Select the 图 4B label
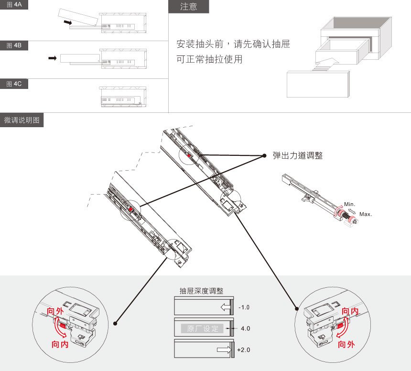(14, 45)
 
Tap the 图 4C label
(14, 84)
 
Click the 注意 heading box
(188, 7)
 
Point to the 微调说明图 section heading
(22, 120)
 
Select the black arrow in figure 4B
(53, 58)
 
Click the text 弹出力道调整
(298, 156)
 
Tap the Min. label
(349, 204)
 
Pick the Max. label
(366, 214)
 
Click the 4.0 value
(245, 328)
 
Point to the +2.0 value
(243, 350)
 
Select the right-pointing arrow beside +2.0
(223, 350)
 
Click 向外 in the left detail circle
(55, 312)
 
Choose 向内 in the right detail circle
(347, 312)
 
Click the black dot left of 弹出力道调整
(264, 156)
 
